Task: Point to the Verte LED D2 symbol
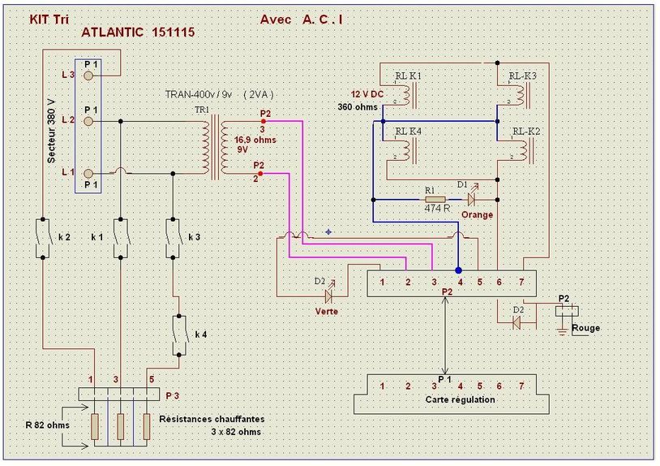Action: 329,294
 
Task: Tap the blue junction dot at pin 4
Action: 458,270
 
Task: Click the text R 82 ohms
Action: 46,424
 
